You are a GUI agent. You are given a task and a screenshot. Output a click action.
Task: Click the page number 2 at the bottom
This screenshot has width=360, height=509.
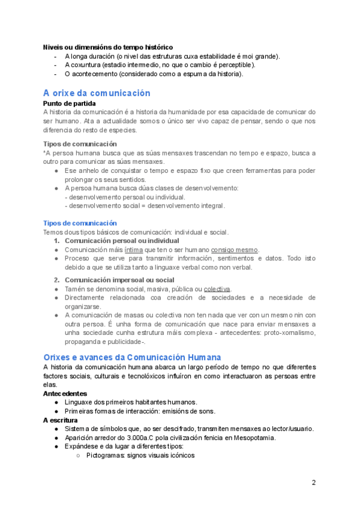[313, 483]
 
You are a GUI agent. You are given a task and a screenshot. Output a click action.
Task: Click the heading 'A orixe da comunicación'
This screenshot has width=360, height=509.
[97, 93]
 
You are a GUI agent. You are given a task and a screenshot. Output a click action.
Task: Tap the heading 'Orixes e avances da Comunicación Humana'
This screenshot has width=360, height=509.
[132, 357]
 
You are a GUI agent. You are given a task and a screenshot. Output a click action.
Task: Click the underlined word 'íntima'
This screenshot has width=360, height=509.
[134, 250]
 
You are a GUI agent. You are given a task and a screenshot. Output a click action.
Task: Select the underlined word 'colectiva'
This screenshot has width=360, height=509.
[217, 289]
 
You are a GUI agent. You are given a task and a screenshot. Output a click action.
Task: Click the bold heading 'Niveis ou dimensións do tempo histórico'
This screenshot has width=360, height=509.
[108, 47]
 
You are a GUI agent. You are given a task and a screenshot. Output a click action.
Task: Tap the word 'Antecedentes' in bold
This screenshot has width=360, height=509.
[65, 393]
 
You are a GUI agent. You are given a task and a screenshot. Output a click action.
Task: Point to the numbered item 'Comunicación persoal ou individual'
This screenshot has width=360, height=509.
[122, 241]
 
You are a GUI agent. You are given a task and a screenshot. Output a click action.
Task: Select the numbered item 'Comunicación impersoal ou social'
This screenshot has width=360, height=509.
[119, 280]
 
